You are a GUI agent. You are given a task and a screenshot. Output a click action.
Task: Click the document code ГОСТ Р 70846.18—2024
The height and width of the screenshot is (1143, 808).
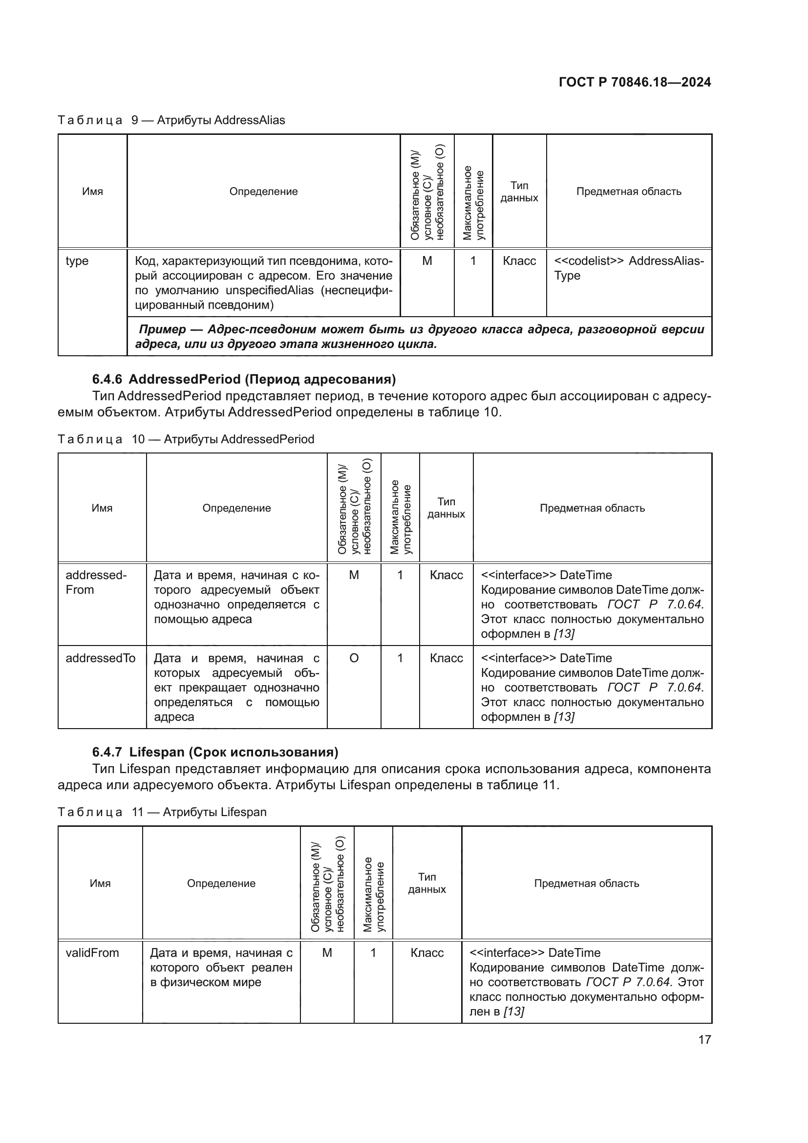[x=635, y=82]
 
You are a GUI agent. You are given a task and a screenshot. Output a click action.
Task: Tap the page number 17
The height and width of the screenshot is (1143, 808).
[x=704, y=1039]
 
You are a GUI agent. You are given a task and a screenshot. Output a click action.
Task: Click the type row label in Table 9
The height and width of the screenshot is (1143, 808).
[x=77, y=261]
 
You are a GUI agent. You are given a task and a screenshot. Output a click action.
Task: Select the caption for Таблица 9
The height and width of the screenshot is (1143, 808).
[x=171, y=120]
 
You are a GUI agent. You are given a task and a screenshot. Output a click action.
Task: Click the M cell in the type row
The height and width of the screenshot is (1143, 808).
[x=427, y=261]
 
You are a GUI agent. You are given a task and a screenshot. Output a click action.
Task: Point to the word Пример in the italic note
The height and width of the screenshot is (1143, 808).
[x=162, y=329]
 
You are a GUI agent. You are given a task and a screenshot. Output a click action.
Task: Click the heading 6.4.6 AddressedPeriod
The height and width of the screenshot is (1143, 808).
[x=244, y=379]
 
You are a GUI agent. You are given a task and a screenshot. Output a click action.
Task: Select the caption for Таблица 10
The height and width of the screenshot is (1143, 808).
[x=186, y=439]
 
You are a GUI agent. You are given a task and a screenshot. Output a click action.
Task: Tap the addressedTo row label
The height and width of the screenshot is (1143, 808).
[x=100, y=658]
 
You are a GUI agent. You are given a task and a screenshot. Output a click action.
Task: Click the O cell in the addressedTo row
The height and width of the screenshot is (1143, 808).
[x=354, y=658]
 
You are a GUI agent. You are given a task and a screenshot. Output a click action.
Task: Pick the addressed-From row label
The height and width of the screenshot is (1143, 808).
[x=96, y=582]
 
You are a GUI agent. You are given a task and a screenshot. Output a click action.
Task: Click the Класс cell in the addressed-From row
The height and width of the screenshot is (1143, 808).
[x=447, y=575]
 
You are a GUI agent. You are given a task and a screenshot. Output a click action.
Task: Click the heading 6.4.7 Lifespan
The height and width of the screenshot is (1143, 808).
[x=215, y=752]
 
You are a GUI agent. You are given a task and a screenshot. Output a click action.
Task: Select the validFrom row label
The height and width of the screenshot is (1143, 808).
[x=92, y=953]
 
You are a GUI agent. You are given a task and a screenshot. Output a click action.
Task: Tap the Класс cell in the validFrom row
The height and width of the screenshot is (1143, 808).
[x=427, y=953]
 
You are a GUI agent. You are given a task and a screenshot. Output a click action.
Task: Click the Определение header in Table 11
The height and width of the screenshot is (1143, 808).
[x=221, y=883]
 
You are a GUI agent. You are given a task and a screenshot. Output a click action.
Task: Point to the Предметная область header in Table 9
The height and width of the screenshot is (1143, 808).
[x=628, y=192]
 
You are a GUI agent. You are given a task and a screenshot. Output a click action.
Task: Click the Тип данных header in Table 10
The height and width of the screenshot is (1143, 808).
[x=446, y=508]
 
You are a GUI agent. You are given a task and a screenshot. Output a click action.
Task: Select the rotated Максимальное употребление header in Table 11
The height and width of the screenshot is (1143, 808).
[x=373, y=884]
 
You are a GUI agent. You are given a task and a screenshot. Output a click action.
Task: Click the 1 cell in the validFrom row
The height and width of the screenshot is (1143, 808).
[x=373, y=953]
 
